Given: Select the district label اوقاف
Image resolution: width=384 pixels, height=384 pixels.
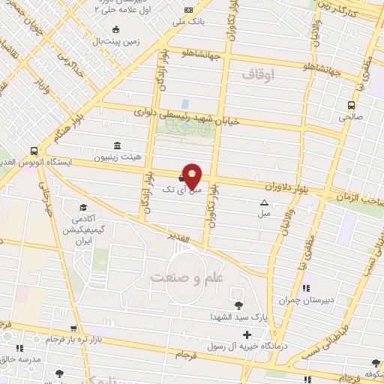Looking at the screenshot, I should click(260, 74).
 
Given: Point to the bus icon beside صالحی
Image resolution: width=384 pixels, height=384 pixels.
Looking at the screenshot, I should click(351, 105).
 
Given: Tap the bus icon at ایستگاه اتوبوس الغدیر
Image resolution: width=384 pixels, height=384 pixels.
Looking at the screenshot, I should click(34, 149).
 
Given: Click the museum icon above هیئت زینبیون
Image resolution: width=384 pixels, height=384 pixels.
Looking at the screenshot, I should click(116, 145).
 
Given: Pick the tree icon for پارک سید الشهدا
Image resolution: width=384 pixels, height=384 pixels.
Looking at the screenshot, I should click(238, 304).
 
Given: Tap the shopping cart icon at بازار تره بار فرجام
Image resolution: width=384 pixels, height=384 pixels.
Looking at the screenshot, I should click(73, 328).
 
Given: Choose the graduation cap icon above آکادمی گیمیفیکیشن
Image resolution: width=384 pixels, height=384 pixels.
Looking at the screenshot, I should click(82, 207).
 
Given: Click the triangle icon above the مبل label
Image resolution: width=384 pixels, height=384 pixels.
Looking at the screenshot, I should click(264, 202).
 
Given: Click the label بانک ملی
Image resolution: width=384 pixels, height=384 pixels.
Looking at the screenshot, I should click(188, 22).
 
